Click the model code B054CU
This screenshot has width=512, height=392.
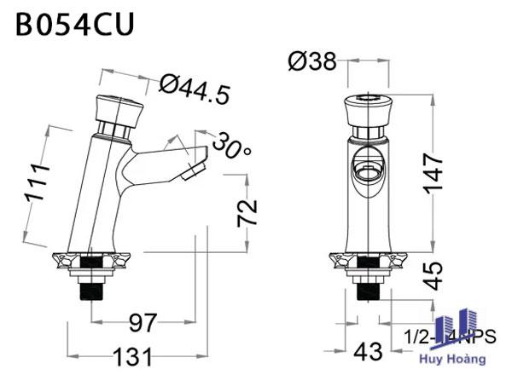[74, 23]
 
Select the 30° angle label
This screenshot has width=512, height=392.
[231, 145]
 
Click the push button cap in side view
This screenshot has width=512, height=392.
[114, 109]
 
